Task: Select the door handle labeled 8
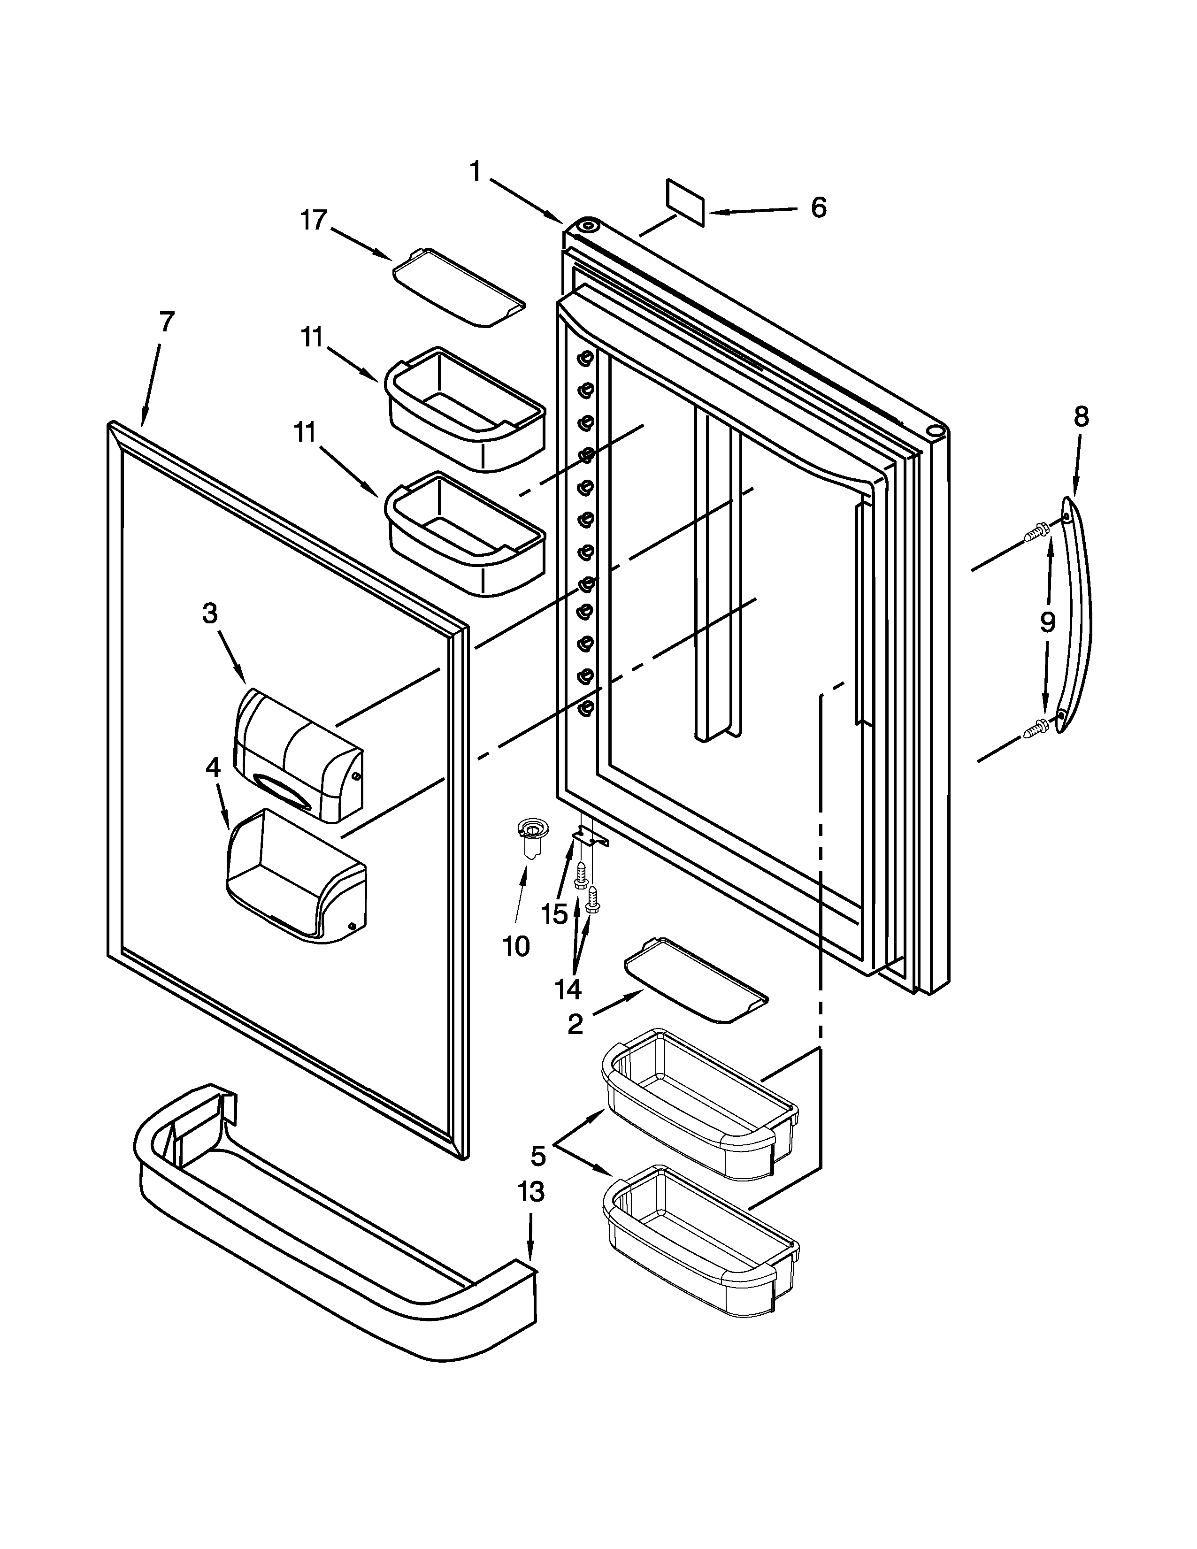coord(1076,615)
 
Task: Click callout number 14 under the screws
coord(568,988)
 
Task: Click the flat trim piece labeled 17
coord(459,287)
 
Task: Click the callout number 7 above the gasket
coord(166,323)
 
